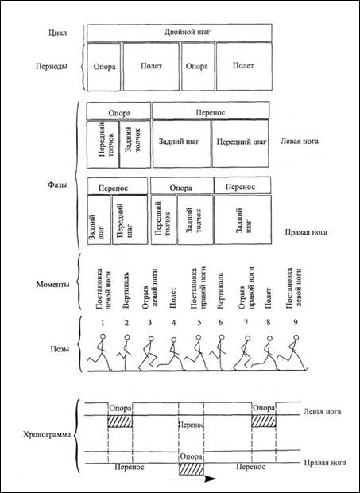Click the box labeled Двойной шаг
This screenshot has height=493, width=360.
point(180,33)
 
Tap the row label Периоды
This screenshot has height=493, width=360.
point(52,67)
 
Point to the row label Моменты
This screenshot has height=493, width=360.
point(53,285)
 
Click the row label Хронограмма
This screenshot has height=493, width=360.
point(47,435)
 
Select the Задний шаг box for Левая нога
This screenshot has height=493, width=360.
point(182,144)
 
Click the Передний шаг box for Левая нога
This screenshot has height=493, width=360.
point(241,144)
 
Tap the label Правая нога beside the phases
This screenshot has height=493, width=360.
point(306,232)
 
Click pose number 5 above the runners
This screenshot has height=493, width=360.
point(198,322)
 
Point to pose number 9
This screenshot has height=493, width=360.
point(295,322)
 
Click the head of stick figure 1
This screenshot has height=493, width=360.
point(103,336)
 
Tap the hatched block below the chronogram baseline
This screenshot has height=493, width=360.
point(192,469)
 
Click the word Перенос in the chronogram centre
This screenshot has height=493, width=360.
point(192,425)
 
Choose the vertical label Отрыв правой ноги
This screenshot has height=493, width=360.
point(246,287)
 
